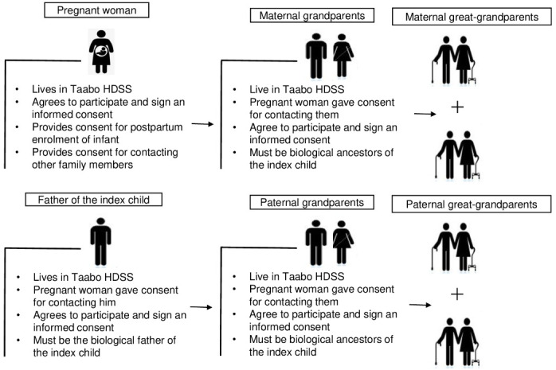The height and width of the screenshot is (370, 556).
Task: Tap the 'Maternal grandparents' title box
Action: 315,15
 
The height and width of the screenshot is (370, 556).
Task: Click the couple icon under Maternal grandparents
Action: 327,56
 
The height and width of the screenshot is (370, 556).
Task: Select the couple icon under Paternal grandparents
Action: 327,243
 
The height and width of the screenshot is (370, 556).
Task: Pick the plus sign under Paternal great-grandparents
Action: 456,295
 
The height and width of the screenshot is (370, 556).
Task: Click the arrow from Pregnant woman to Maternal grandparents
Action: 203,124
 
